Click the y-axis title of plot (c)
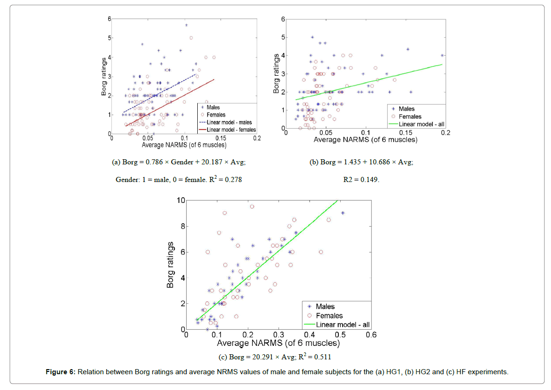(170, 265)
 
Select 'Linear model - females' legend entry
(231, 130)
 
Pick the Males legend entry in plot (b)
(407, 109)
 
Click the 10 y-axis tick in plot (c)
(180, 201)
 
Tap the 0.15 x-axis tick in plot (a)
(220, 138)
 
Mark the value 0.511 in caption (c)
(322, 357)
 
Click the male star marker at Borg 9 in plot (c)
(343, 213)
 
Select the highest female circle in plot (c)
(252, 207)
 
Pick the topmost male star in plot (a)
(186, 25)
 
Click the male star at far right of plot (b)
(442, 55)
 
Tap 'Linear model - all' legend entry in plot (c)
(342, 325)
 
